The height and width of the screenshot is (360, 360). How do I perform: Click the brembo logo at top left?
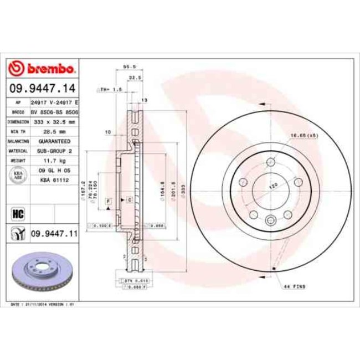tap(42, 68)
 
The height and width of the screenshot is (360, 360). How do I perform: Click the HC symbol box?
tap(16, 213)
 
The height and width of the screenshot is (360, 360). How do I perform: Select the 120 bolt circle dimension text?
tap(273, 187)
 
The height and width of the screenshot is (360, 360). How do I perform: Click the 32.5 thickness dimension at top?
tap(133, 78)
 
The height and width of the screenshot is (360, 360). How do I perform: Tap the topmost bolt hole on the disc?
tap(270, 162)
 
